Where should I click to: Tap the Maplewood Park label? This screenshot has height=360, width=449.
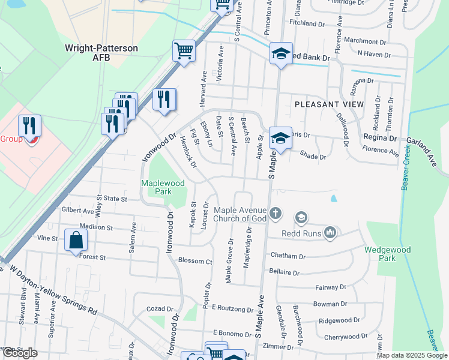point(156,187)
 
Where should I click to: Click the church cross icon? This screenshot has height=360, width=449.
point(275,212)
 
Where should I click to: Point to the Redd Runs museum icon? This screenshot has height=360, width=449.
point(330,232)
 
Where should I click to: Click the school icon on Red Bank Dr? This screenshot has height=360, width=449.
point(280,53)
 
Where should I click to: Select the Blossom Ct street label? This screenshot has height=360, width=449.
point(196,262)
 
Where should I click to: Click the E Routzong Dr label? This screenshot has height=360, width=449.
point(232,309)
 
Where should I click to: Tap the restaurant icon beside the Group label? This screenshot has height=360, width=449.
point(29,125)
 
